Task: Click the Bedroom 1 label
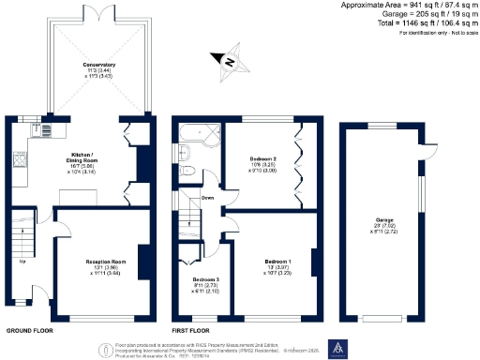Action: pyautogui.click(x=277, y=261)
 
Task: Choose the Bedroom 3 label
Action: pyautogui.click(x=205, y=280)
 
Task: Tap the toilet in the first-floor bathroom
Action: pyautogui.click(x=186, y=171)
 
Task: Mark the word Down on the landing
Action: pyautogui.click(x=208, y=198)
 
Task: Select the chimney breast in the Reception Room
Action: pyautogui.click(x=144, y=262)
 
